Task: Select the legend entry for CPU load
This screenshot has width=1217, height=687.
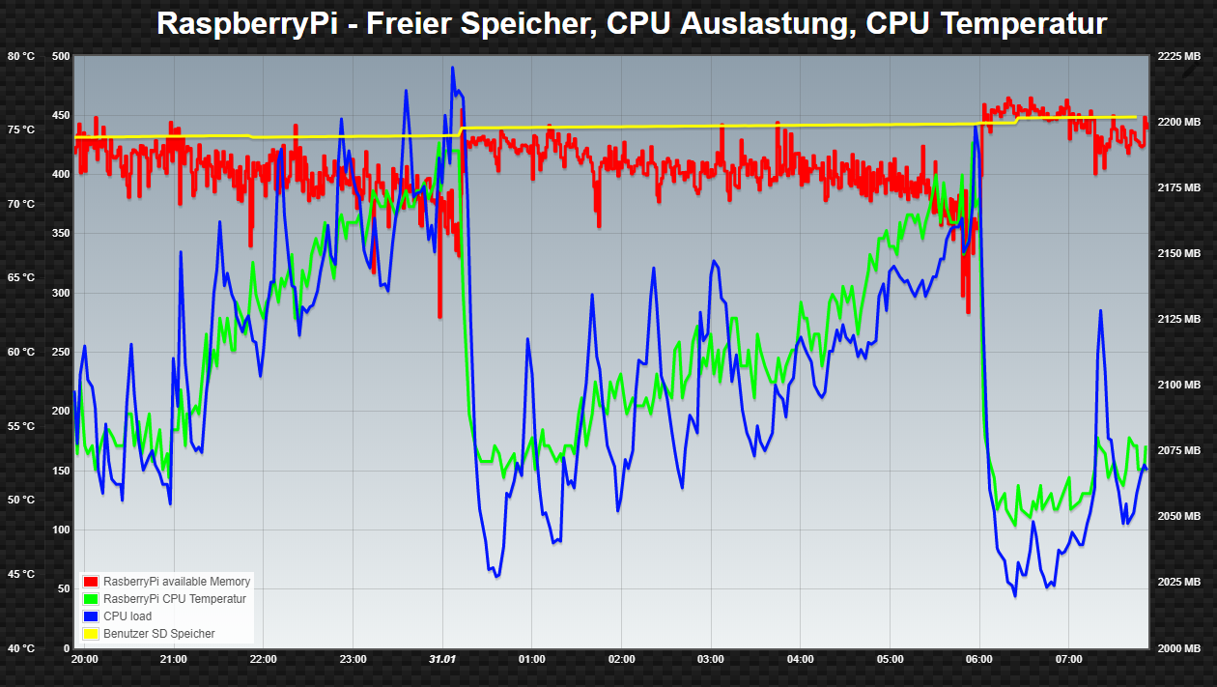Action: pos(127,616)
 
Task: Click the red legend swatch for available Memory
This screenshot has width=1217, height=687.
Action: pos(92,582)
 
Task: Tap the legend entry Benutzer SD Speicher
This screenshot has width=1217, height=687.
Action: pos(158,634)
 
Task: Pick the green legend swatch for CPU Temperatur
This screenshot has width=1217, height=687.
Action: pos(92,599)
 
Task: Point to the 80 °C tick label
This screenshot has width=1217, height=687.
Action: pos(20,56)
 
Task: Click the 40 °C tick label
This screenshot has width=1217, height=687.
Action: pos(20,648)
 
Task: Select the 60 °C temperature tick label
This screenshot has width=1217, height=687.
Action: pos(20,352)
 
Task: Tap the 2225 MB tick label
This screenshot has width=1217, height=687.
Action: pos(1178,56)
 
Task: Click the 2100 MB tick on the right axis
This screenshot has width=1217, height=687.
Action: pos(1178,385)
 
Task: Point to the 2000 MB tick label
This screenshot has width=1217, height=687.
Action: pos(1178,648)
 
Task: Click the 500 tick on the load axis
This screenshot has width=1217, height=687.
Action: pos(61,56)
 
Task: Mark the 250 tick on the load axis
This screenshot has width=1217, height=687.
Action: pos(61,352)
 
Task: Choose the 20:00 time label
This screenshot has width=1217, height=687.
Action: pos(85,660)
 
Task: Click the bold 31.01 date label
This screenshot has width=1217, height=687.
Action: pos(442,660)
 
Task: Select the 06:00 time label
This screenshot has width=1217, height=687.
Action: pos(979,660)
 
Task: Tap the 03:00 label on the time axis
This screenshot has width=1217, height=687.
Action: pos(711,660)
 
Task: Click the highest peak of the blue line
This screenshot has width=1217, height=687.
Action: pos(453,68)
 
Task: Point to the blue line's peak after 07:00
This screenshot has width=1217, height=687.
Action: pos(1100,311)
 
